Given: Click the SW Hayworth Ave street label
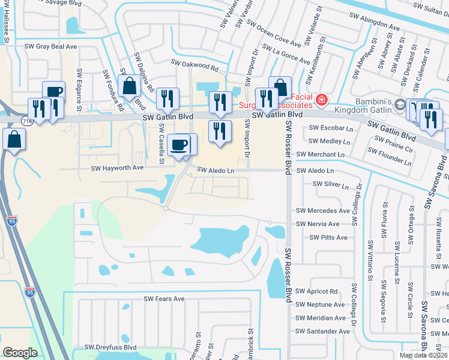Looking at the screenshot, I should pos(118,168).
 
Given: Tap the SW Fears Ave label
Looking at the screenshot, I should pos(164,299).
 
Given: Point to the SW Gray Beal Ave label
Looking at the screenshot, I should pos(51,46).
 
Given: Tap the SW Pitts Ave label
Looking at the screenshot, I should pos(328,238).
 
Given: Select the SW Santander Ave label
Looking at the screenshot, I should pos(322,331).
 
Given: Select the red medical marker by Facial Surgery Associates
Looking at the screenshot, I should pos(322,100).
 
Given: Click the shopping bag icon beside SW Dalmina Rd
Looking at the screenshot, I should pos(130,86).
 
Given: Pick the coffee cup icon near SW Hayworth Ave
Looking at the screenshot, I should pos(179,145).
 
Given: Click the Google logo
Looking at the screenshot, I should pos(20,352).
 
